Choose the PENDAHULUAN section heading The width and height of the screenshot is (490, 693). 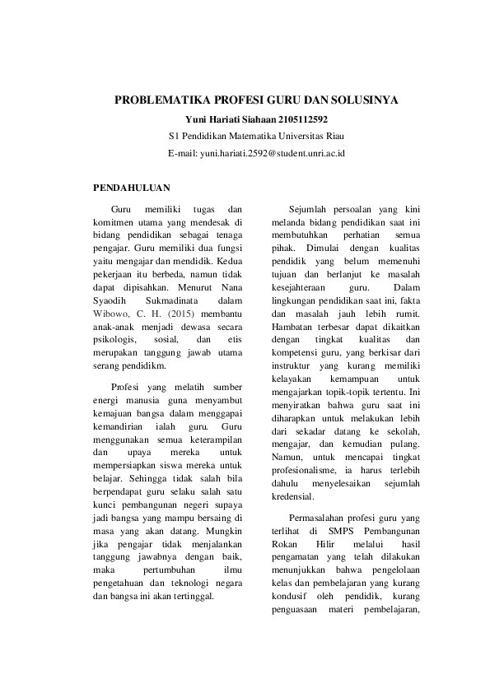click(x=136, y=188)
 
